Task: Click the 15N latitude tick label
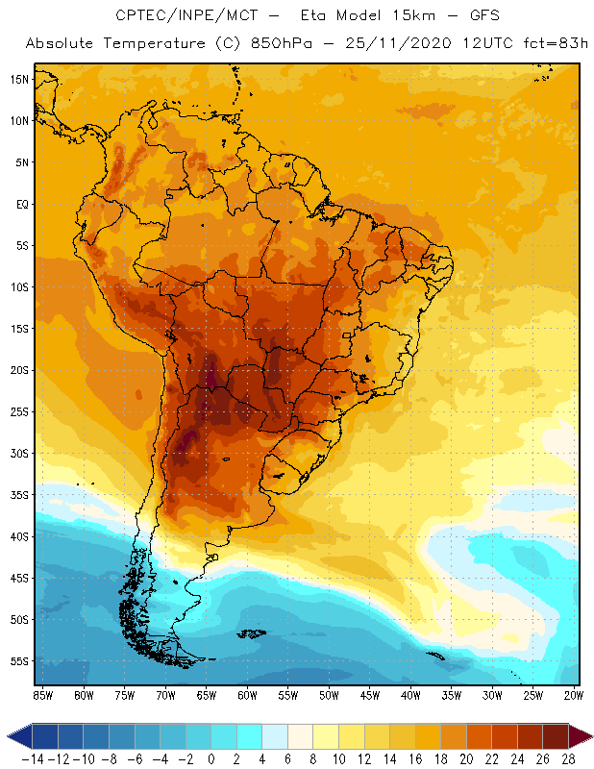pos(19,79)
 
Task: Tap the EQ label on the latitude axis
pos(20,204)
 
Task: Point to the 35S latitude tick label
pos(19,495)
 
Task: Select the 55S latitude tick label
pos(19,661)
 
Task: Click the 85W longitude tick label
pos(42,694)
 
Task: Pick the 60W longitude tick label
pos(248,694)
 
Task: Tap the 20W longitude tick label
pos(573,694)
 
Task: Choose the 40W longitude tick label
pos(410,694)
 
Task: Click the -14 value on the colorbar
pos(33,758)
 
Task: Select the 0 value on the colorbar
pos(211,758)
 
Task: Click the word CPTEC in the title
pos(141,16)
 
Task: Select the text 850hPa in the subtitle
pos(276,43)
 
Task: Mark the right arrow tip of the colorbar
pos(587,736)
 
